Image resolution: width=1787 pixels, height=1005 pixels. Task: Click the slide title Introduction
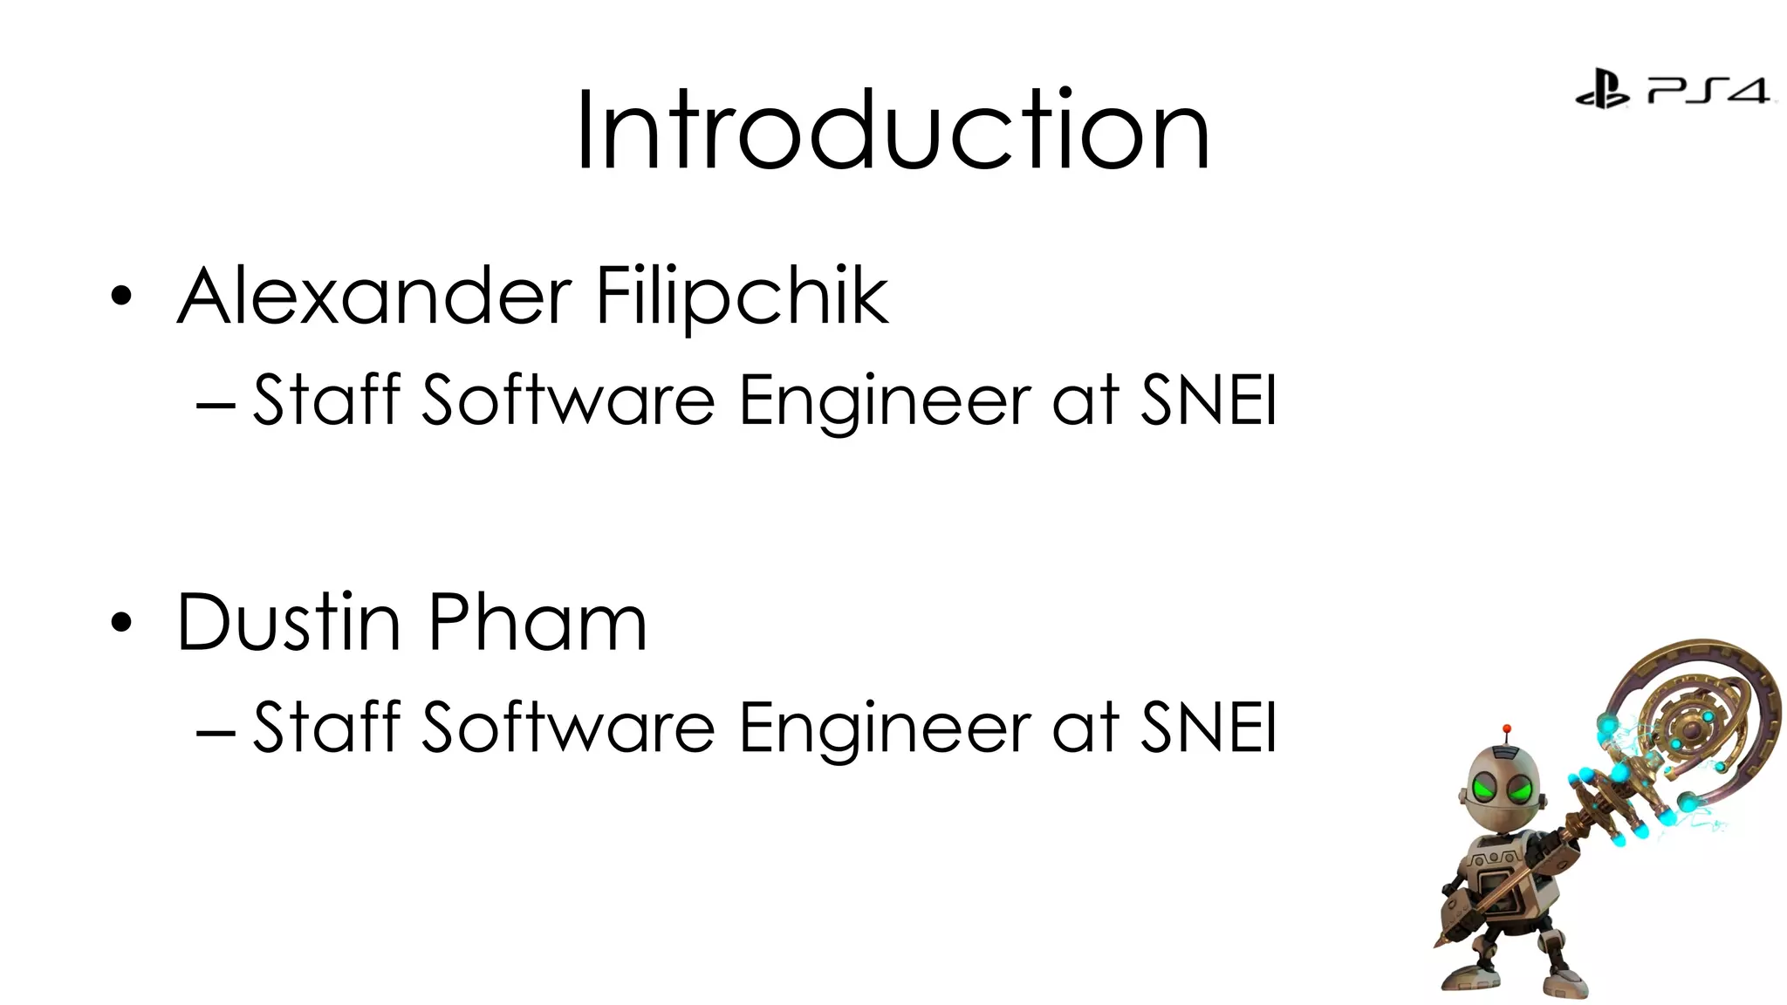893,131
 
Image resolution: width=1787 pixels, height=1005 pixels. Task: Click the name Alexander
374,297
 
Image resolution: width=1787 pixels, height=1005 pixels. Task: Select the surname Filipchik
742,297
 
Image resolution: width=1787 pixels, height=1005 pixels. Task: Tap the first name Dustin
289,622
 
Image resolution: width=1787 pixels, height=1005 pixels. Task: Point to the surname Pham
537,622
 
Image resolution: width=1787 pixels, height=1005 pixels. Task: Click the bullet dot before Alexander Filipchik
122,297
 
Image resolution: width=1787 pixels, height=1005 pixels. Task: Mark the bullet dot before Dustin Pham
122,623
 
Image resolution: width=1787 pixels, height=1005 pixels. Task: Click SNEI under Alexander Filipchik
1208,400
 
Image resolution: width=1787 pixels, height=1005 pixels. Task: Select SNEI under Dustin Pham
1208,726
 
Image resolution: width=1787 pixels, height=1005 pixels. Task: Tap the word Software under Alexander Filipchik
568,400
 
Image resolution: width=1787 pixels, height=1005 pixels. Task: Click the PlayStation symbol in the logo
1602,89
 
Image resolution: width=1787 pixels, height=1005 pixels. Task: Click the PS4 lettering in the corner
1708,90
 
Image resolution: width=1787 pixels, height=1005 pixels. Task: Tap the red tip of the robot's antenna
1507,728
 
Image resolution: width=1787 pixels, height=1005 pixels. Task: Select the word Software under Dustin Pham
568,726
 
